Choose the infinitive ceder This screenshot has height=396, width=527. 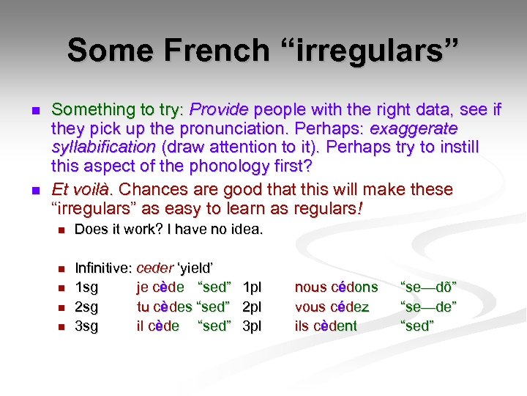click(x=154, y=268)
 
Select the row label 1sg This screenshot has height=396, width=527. click(x=86, y=287)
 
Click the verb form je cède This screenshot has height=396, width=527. click(x=160, y=287)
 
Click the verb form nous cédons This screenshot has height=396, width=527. click(x=336, y=287)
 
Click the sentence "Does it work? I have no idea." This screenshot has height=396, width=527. click(x=168, y=230)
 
